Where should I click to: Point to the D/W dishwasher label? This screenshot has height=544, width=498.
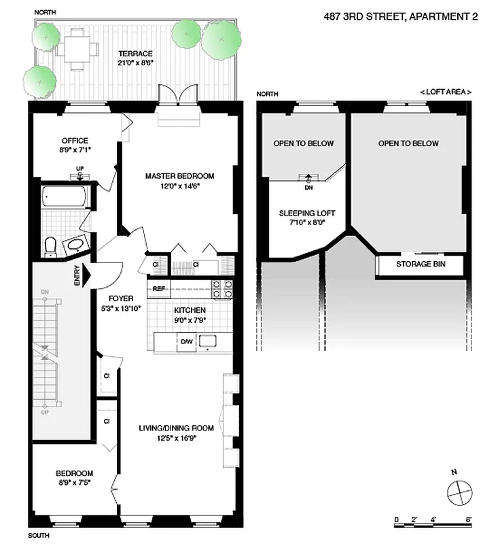click(186, 342)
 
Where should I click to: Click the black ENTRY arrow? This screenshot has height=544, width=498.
click(82, 273)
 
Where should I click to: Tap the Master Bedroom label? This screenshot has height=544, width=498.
click(179, 176)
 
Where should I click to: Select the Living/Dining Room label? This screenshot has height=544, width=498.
click(177, 428)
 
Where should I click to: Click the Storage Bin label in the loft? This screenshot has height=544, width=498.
click(421, 265)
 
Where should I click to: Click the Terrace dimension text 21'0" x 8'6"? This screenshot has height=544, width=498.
click(135, 63)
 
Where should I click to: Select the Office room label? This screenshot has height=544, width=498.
click(74, 141)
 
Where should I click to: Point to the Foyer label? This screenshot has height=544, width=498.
click(121, 298)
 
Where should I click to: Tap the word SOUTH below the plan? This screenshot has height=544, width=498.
click(39, 536)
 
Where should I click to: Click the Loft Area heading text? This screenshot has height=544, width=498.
click(446, 92)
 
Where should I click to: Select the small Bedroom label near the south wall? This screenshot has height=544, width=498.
click(74, 473)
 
